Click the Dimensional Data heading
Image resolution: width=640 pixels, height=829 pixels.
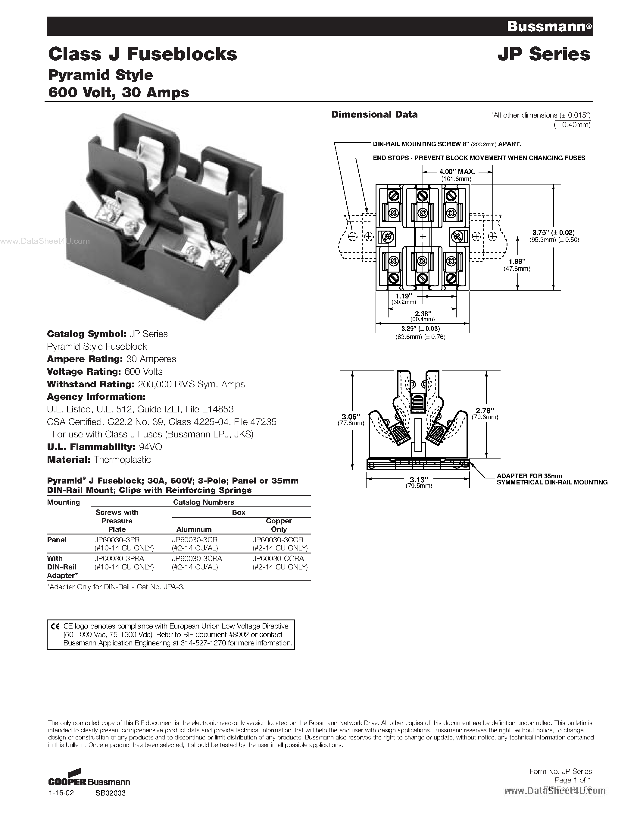pos(374,114)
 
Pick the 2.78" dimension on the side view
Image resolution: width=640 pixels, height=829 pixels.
pos(485,410)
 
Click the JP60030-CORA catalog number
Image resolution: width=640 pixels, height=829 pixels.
pos(278,558)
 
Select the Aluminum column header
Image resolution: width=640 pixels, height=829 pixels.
pos(194,529)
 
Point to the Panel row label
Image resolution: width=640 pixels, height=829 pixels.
pos(57,539)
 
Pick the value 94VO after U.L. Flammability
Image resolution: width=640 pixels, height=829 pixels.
pos(150,447)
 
